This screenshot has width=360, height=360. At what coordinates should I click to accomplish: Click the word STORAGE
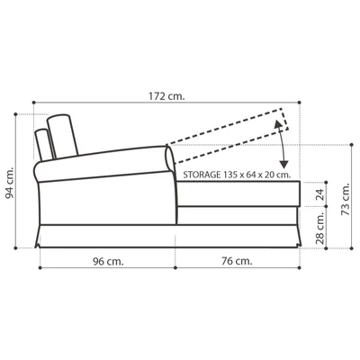point(204,175)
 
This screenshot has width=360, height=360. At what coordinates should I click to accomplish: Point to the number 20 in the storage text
point(277,175)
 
